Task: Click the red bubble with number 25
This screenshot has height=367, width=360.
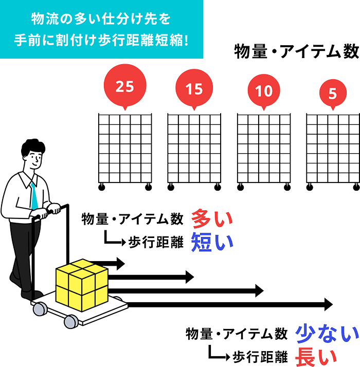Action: [x=124, y=86]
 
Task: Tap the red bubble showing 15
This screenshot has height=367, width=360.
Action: [x=194, y=89]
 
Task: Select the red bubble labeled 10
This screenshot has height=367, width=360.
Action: [x=263, y=91]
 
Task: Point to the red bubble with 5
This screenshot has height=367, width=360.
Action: [x=332, y=94]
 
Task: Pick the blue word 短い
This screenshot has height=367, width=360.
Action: [x=212, y=242]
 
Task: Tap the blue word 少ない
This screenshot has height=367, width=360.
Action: [x=327, y=334]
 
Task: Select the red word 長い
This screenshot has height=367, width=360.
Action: [x=316, y=356]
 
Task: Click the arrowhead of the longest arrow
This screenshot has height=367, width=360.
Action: [x=328, y=304]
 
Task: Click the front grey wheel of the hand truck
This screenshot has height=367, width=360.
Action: [x=71, y=321]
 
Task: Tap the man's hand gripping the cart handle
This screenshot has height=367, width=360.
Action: [x=52, y=209]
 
